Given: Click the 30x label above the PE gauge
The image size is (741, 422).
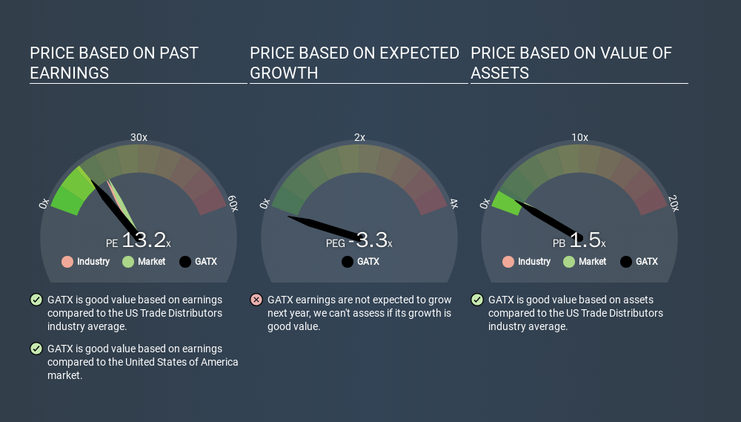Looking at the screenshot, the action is point(139,137).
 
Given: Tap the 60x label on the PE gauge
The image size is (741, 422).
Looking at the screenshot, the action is point(233,203).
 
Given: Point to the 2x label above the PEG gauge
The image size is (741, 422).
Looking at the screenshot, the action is point(359,137).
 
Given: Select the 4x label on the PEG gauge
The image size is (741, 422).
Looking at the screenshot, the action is point(453,203).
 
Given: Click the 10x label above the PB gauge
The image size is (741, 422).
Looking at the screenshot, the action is point(580,137).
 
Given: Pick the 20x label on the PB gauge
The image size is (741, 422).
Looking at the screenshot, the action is point(674,203).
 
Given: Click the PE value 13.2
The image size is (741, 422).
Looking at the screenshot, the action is point(144,240).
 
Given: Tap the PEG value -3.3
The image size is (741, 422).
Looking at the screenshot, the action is point(368,240).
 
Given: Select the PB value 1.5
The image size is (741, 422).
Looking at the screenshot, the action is point(585,240).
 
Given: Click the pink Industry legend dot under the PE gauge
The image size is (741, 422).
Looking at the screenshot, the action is point(67,262).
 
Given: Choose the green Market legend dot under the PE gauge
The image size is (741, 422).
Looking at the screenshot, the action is point(128,262).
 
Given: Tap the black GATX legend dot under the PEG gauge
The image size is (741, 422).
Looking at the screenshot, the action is point(348,262).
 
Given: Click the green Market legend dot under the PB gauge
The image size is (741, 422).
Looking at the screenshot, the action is point(569,262).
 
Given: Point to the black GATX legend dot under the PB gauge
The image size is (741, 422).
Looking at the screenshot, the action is point(626,262).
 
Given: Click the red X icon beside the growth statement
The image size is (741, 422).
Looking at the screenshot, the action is point(256,300).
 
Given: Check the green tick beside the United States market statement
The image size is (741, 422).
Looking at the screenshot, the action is point(36,348).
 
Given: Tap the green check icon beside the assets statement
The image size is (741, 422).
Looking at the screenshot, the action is point(477,300).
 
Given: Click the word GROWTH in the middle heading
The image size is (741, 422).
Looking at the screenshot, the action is point(284,73).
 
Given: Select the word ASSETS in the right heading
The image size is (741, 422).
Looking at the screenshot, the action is point(499,73).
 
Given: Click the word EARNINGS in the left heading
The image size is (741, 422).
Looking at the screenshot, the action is point(69,73).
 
